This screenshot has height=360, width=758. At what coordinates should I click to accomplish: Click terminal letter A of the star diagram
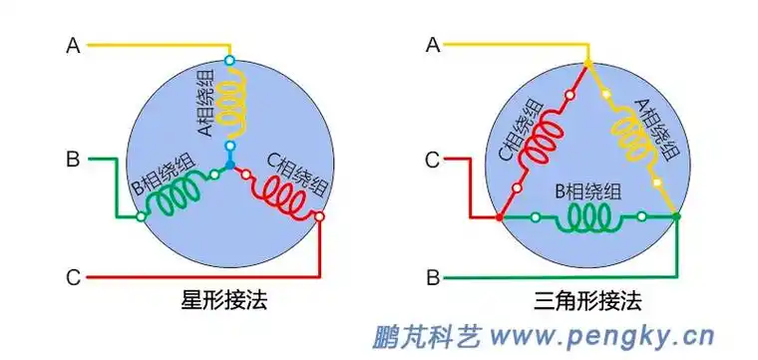coord(73,45)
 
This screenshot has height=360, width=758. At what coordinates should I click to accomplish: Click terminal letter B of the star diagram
coord(73,158)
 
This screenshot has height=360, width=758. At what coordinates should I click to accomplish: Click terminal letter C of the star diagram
coord(73,276)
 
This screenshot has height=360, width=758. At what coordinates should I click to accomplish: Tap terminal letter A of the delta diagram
coord(432,45)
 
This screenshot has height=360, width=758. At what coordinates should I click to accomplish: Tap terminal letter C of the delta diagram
coord(432,158)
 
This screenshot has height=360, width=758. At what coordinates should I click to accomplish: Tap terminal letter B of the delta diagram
coord(432,276)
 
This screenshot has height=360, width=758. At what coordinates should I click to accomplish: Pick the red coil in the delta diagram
coord(544,140)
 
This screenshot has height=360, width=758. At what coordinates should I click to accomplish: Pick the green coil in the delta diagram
coord(588,216)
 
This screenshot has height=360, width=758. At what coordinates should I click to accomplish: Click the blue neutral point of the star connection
coord(230,164)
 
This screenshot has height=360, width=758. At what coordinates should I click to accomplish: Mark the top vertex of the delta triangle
coord(587,63)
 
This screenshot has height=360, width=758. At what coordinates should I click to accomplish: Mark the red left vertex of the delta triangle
coord(499,216)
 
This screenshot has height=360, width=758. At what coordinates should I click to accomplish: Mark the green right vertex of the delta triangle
coord(676,216)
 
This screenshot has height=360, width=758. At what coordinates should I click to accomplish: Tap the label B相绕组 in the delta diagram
coord(588,189)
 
